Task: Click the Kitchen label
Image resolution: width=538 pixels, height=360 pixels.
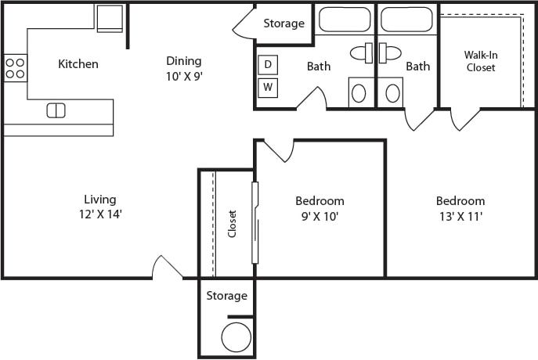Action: [78, 63]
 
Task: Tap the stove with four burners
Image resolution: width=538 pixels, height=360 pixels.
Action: [15, 67]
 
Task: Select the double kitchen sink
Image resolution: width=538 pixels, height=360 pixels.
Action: [56, 110]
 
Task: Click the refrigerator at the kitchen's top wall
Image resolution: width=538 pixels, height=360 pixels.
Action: [110, 18]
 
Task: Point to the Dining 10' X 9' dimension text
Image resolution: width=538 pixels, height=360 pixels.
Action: [184, 76]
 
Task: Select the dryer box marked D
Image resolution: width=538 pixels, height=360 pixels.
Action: [267, 64]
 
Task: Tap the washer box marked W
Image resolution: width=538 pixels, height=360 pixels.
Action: [267, 86]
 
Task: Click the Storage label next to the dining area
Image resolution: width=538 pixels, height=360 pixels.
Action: [283, 23]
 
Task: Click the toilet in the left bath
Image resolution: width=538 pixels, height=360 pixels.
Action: [362, 53]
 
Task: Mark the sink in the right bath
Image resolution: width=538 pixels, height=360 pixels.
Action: [393, 93]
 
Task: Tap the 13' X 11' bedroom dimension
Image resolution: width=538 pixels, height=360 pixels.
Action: [460, 215]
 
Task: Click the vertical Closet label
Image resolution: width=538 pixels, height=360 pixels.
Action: [233, 223]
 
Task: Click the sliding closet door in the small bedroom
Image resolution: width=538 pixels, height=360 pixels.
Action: [255, 223]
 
